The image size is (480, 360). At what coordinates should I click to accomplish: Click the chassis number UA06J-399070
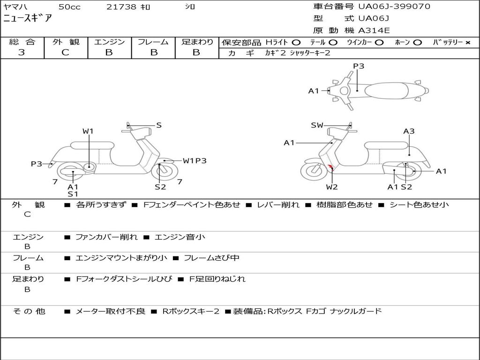tap(394, 7)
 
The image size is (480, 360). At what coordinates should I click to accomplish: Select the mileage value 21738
tap(122, 7)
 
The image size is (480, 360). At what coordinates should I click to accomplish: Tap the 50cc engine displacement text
tap(69, 7)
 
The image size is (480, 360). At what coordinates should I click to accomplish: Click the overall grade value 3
tap(22, 52)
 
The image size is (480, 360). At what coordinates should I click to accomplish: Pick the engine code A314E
tap(374, 30)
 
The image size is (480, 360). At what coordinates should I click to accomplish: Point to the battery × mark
tap(467, 43)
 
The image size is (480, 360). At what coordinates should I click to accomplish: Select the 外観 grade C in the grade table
tap(66, 52)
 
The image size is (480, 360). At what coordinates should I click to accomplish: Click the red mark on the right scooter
tap(330, 167)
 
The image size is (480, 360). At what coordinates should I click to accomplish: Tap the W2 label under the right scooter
tap(332, 187)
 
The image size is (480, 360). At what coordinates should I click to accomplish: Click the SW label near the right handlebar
tap(317, 125)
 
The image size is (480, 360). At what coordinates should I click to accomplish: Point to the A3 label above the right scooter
tap(409, 131)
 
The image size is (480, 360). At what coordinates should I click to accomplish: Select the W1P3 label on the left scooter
tap(195, 161)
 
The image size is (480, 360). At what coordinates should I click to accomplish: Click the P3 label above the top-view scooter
tap(359, 66)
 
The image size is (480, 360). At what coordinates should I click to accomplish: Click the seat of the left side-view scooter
tap(92, 145)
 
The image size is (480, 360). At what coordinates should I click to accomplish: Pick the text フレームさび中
tap(211, 258)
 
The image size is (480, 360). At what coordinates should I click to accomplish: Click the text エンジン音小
tap(180, 237)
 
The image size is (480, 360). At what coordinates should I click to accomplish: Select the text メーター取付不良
tap(110, 311)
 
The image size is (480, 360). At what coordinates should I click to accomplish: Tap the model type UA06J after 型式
tap(374, 19)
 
